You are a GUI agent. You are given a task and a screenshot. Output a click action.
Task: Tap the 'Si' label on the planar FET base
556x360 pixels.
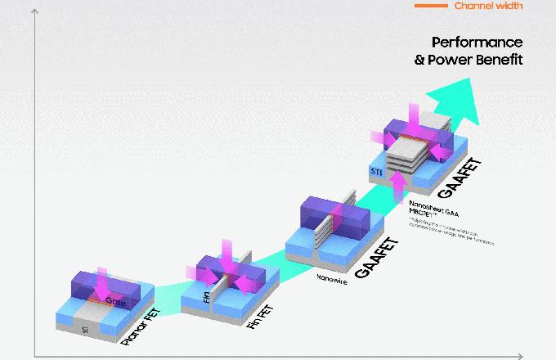[84, 330]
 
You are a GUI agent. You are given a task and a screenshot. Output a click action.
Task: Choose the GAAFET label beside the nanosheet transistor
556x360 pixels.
[460, 180]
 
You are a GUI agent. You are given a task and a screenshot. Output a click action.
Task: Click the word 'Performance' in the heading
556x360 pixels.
[477, 43]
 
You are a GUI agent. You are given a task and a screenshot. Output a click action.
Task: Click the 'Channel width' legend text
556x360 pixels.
[488, 6]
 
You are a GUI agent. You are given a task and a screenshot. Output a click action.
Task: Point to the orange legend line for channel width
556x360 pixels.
[431, 6]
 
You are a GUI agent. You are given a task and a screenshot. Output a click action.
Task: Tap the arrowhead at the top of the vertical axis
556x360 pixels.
[34, 12]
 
